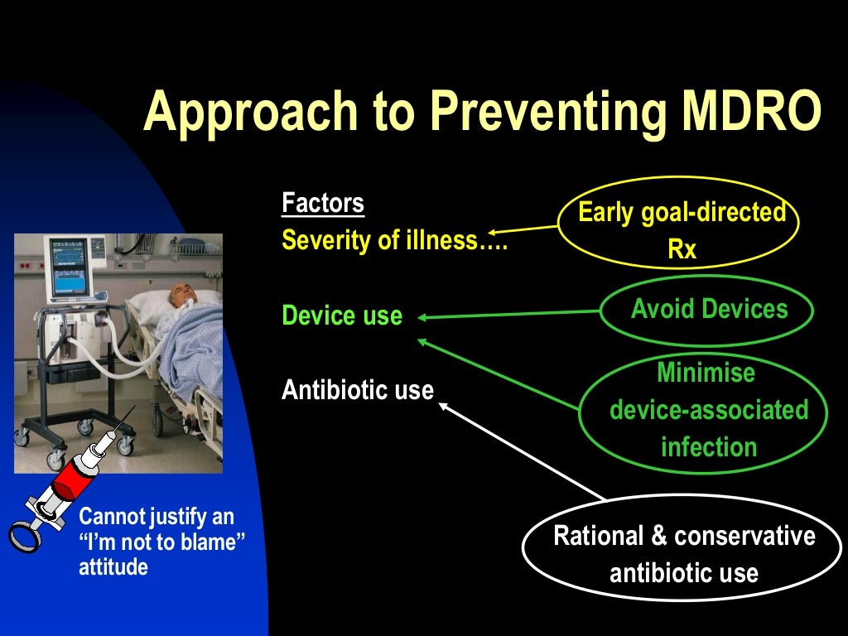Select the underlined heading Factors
[x=322, y=203]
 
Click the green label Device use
[x=342, y=316]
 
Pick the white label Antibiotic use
[x=357, y=389]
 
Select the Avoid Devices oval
[x=708, y=311]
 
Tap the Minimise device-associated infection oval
[x=706, y=410]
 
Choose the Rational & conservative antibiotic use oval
[x=684, y=553]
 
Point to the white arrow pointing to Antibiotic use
[x=522, y=451]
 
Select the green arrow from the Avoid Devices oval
[x=509, y=314]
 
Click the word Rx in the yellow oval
[x=682, y=249]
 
